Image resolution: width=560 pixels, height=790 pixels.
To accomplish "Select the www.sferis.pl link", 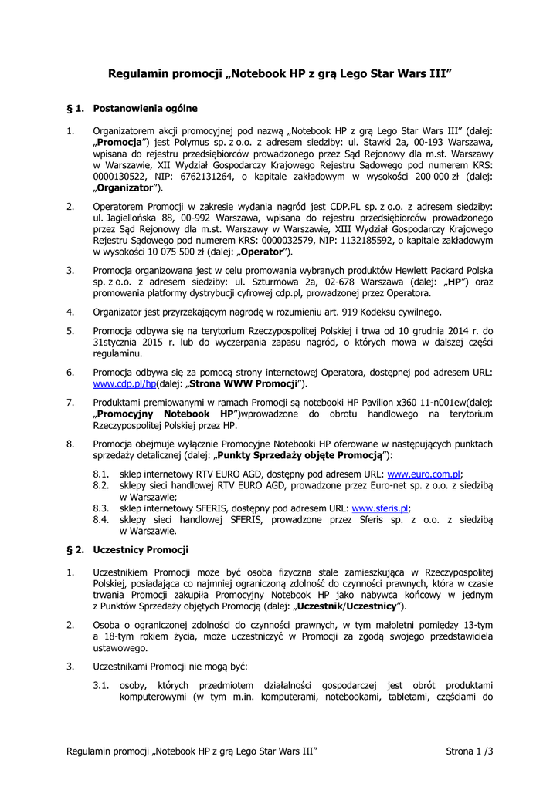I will click(x=380, y=508).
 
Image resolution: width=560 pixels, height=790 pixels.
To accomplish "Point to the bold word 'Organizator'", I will click(x=124, y=187).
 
